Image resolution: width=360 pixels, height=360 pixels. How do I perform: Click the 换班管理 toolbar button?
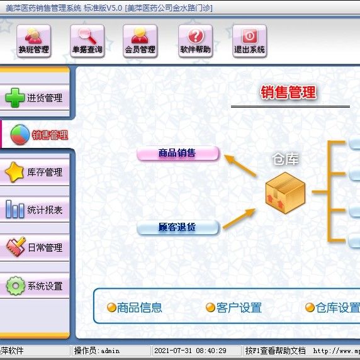pyautogui.click(x=34, y=41)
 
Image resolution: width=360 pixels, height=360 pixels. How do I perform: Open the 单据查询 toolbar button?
pyautogui.click(x=87, y=41)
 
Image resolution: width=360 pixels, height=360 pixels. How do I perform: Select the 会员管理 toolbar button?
pyautogui.click(x=140, y=41)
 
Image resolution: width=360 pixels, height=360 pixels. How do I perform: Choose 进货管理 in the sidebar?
pyautogui.click(x=35, y=98)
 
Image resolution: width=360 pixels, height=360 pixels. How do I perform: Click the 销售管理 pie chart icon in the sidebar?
pyautogui.click(x=20, y=135)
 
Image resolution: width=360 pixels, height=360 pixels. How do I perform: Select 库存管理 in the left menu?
pyautogui.click(x=35, y=172)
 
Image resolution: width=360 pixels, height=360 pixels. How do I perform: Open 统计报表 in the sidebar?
pyautogui.click(x=35, y=210)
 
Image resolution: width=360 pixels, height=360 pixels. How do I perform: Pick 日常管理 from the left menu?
pyautogui.click(x=35, y=247)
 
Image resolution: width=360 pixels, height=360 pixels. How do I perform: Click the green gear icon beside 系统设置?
pyautogui.click(x=16, y=286)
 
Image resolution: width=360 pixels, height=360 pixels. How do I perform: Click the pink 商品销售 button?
pyautogui.click(x=177, y=153)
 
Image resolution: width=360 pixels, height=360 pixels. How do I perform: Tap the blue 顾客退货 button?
pyautogui.click(x=177, y=227)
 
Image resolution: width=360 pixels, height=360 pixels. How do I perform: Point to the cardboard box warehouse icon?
pyautogui.click(x=285, y=193)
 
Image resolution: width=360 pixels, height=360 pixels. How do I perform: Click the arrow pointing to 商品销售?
pyautogui.click(x=240, y=166)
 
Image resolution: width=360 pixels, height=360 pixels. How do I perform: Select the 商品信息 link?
pyautogui.click(x=135, y=308)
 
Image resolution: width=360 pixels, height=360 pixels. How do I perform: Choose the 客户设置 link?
pyautogui.click(x=233, y=308)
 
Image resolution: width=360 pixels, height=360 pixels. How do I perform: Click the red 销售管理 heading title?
pyautogui.click(x=288, y=93)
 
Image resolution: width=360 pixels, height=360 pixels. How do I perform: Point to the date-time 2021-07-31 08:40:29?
pyautogui.click(x=190, y=351)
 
